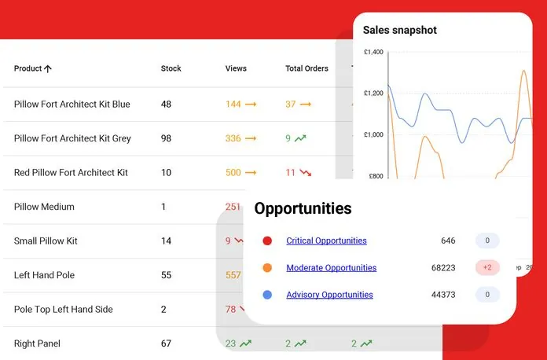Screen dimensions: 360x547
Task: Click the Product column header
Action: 28,68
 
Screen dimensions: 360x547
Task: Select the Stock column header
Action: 171,68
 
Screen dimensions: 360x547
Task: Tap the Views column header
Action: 236,68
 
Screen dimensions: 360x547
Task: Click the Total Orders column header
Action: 307,68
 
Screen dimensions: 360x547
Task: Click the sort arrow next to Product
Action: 48,68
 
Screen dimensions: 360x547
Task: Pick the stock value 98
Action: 167,138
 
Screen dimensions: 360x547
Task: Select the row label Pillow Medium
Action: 44,207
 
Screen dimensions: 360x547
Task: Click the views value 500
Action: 233,172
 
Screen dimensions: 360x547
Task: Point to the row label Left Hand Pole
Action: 45,275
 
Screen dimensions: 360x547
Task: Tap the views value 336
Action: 233,138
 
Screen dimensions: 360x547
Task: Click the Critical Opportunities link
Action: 326,241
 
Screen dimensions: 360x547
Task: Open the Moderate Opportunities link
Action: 331,268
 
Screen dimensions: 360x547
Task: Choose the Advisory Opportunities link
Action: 329,295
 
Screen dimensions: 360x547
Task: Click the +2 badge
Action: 487,268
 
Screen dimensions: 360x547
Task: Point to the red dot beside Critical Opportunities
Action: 267,241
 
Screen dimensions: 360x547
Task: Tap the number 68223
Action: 443,268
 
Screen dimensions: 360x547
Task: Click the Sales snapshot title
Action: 399,30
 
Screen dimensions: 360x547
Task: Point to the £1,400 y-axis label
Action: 373,52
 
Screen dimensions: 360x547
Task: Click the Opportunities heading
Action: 303,208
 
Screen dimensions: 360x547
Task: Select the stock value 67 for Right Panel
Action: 167,343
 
